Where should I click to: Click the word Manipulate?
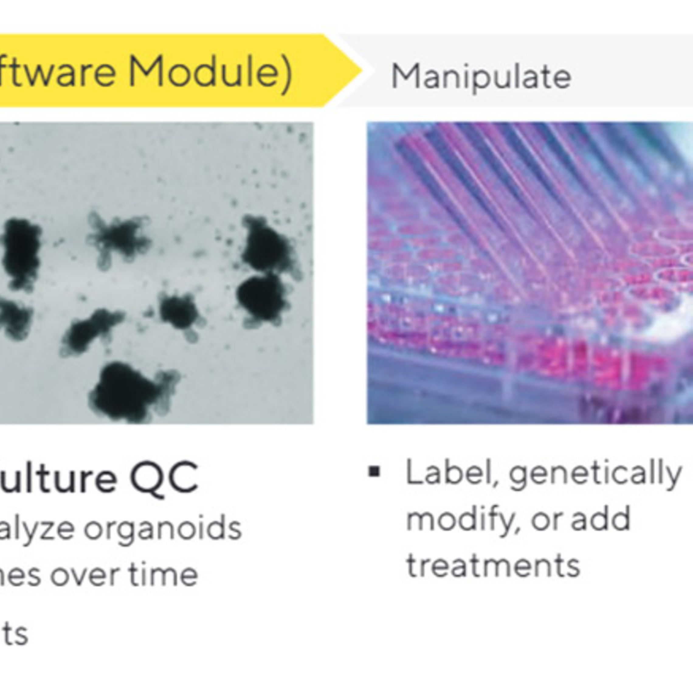[x=481, y=77]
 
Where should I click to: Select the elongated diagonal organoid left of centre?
[x=90, y=331]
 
